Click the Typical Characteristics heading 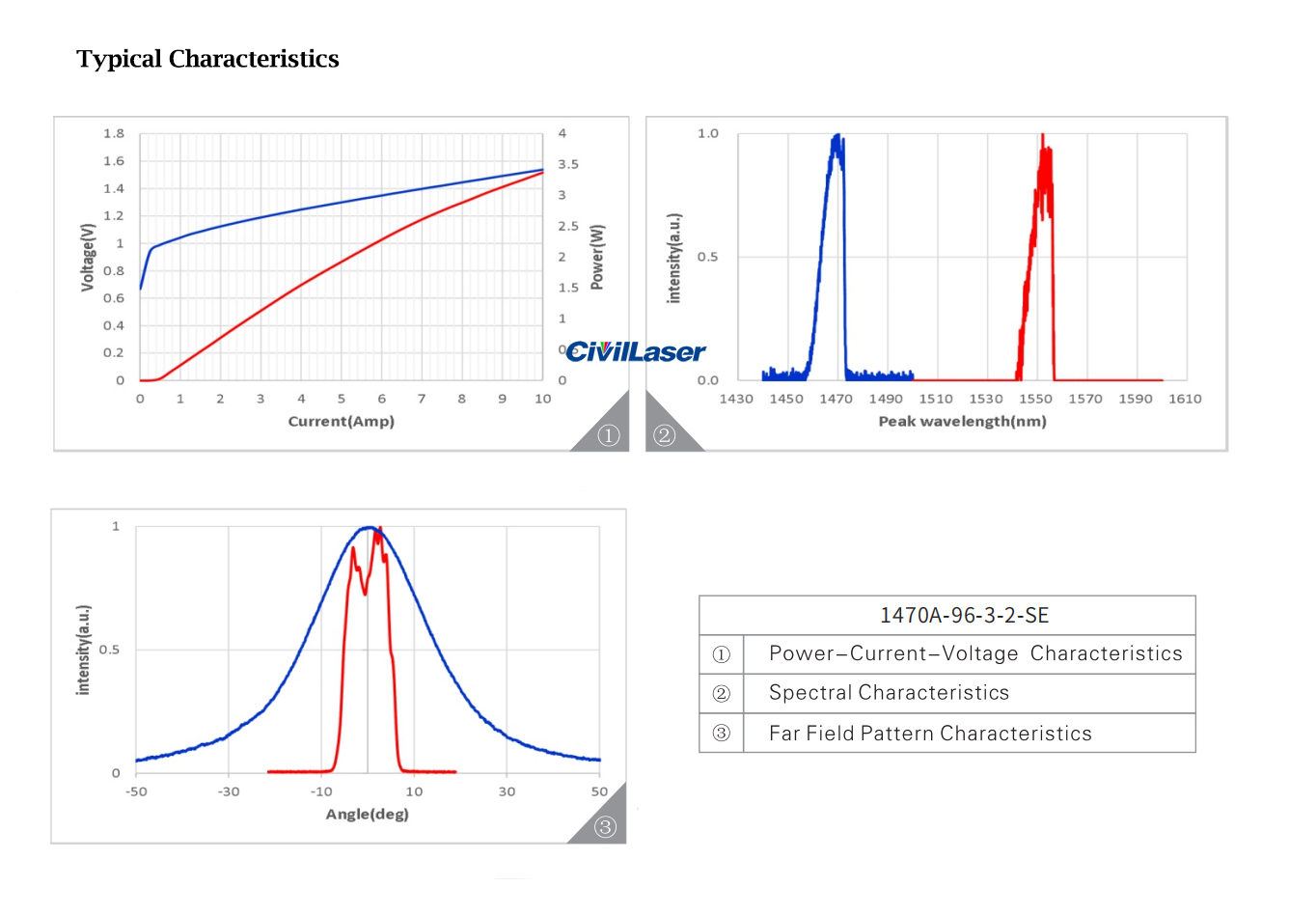pyautogui.click(x=207, y=59)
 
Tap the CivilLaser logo pyautogui.click(x=635, y=351)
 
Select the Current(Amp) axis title pyautogui.click(x=341, y=421)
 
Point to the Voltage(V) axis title pyautogui.click(x=88, y=257)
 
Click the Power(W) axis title pyautogui.click(x=597, y=257)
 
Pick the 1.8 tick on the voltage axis pyautogui.click(x=114, y=133)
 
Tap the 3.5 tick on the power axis pyautogui.click(x=568, y=164)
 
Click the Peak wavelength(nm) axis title pyautogui.click(x=962, y=421)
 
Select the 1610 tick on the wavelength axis pyautogui.click(x=1185, y=399)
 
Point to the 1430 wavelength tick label pyautogui.click(x=736, y=399)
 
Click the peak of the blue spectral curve pyautogui.click(x=836, y=136)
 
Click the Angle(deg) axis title pyautogui.click(x=367, y=814)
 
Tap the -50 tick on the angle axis pyautogui.click(x=136, y=791)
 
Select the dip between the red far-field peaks pyautogui.click(x=365, y=593)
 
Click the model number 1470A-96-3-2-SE pyautogui.click(x=964, y=615)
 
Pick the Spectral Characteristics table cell pyautogui.click(x=889, y=693)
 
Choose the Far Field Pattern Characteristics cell pyautogui.click(x=930, y=734)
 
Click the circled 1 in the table pyautogui.click(x=721, y=654)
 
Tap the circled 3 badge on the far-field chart pyautogui.click(x=605, y=827)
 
